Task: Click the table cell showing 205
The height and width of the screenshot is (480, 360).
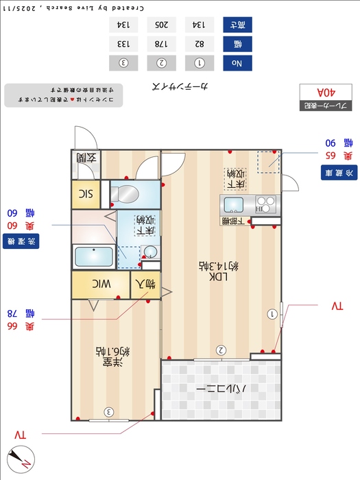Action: point(162,25)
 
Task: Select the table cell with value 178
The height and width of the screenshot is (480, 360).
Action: point(162,44)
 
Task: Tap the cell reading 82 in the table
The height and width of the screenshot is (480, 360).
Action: point(200,44)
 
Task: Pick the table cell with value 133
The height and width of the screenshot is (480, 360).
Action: point(123,44)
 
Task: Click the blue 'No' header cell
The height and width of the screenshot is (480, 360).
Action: point(237,63)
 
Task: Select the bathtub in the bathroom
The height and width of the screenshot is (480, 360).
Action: point(93,257)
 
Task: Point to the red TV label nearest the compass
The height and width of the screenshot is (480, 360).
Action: point(20,435)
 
